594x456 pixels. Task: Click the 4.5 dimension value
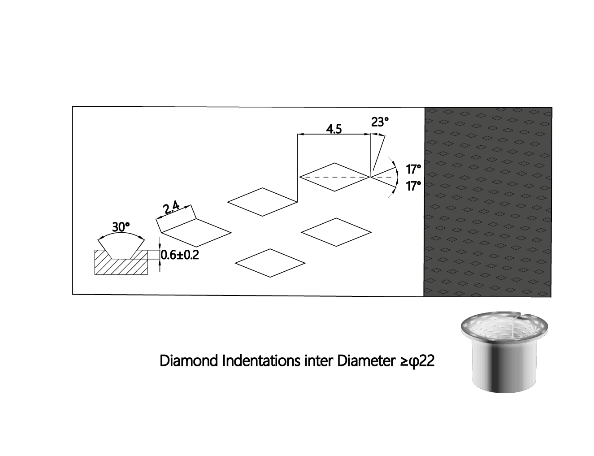(x=334, y=129)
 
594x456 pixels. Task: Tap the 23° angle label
(x=380, y=122)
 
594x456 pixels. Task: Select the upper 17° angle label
(x=413, y=169)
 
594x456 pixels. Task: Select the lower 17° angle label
(x=413, y=186)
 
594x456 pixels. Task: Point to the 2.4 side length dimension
(x=171, y=208)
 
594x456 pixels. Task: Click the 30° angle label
(x=121, y=227)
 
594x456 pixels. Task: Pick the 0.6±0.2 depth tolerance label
(x=180, y=255)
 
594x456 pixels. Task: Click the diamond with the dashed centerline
(x=334, y=177)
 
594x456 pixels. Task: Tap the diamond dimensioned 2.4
(x=196, y=233)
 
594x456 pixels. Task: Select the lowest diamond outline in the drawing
(x=270, y=263)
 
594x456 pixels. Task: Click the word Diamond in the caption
(x=189, y=361)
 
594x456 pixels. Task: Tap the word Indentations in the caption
(x=261, y=361)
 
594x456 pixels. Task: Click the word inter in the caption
(x=319, y=361)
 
